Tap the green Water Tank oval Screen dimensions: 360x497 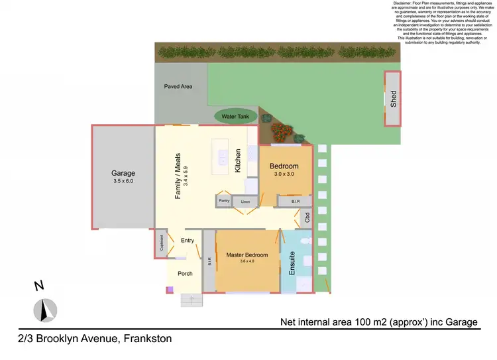point(235,117)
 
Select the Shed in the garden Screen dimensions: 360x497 point(393,98)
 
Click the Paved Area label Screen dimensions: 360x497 point(178,86)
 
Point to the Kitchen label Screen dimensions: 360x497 point(238,161)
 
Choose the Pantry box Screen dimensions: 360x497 point(223,200)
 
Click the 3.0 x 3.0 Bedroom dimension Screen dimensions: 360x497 point(284,174)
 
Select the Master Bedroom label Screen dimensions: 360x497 point(247,255)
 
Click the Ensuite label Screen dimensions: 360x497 point(292,264)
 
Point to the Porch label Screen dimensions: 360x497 point(185,273)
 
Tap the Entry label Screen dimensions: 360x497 point(188,240)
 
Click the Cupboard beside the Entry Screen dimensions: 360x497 point(161,243)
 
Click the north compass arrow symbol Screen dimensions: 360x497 point(46,310)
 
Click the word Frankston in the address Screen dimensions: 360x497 point(146,339)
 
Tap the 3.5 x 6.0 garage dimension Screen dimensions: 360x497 point(123,180)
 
